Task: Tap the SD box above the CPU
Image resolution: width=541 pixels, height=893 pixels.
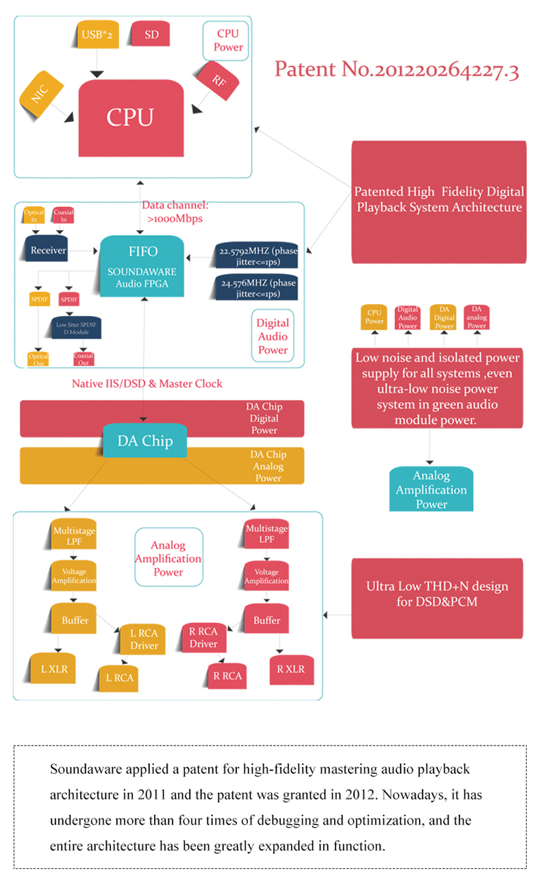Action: pos(151,34)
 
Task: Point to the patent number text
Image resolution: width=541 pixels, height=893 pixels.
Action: pos(396,70)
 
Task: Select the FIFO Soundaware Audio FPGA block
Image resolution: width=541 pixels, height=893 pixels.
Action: pos(143,267)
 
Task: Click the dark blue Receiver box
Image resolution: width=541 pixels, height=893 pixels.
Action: pos(49,250)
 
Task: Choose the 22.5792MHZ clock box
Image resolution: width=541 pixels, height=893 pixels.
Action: pos(255,256)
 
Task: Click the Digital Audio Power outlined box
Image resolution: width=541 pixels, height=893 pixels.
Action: pos(273,337)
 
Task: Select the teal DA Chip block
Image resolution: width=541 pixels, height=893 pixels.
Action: pos(144,441)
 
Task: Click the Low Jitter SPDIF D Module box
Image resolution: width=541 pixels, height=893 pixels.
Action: pos(77,327)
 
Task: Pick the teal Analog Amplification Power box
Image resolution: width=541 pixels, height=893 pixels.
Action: pos(431,489)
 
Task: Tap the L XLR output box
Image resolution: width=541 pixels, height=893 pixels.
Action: pos(54,669)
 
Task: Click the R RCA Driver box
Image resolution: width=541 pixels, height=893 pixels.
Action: pos(203,637)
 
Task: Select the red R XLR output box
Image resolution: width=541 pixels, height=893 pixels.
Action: pos(291,669)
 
